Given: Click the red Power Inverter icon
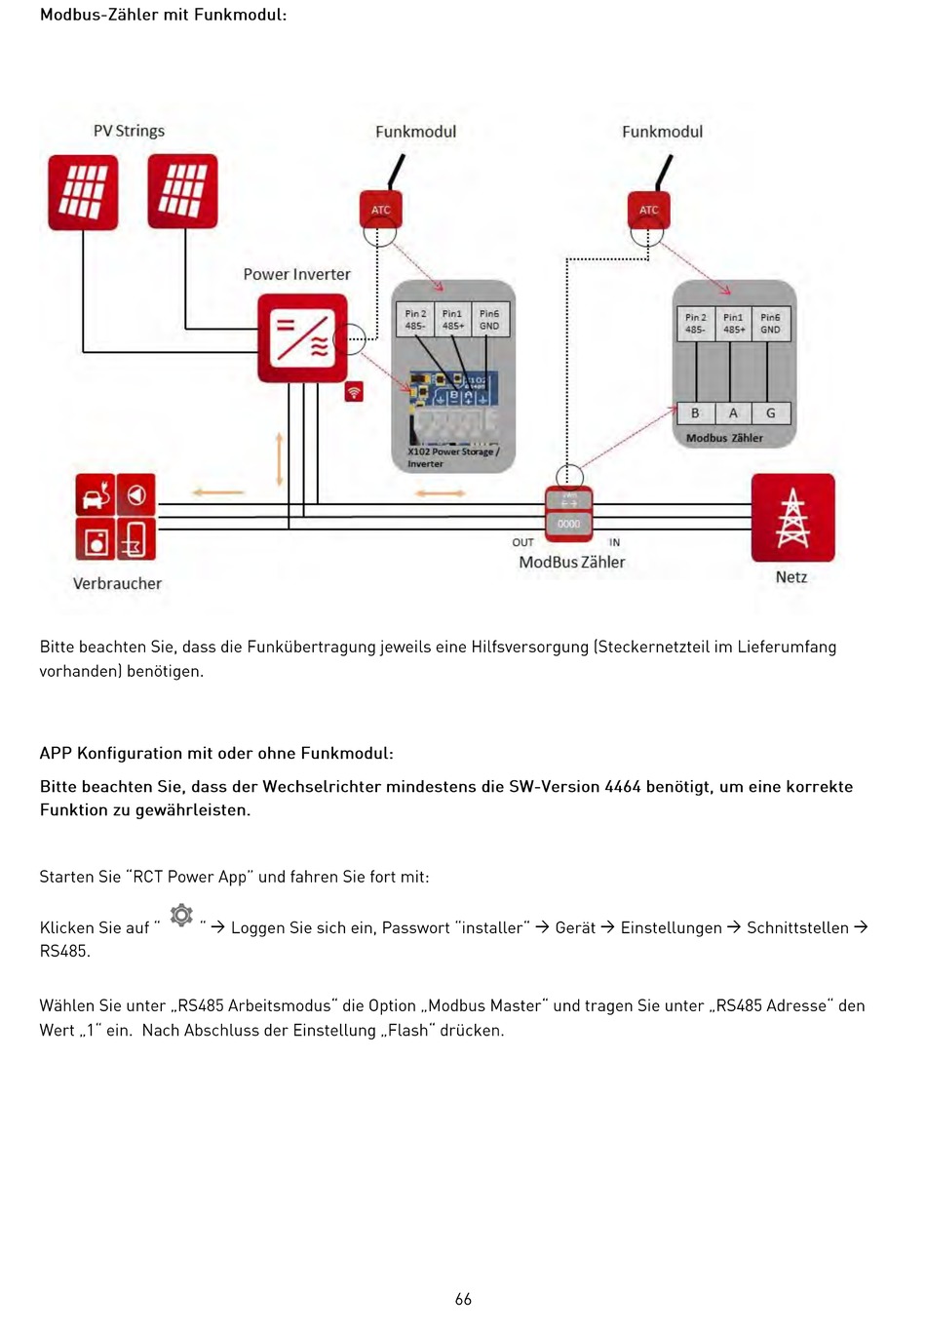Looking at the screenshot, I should coord(302,337).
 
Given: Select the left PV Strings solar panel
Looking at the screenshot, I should coord(83,192).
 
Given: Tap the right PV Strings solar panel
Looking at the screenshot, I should coord(182,191).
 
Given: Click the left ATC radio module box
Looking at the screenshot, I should coord(380,210).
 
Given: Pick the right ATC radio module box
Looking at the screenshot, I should coord(648,210).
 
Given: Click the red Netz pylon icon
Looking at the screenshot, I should coord(792,518).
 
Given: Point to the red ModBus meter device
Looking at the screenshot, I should coord(569,512).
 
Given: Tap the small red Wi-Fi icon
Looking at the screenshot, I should coord(354,392).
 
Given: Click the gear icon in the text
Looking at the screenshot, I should coord(181,916).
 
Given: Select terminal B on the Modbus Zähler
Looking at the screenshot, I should coord(695,413).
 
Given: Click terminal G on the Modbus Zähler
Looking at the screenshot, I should coord(770,413).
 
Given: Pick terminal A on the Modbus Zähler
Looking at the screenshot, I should coord(733,413).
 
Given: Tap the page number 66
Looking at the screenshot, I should coord(463,1299).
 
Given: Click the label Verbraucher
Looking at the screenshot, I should coord(117,583).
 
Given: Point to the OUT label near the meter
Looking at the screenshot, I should coord(522,542).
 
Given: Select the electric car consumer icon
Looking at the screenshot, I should coord(96,494).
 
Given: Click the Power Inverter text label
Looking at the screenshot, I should coord(296,275).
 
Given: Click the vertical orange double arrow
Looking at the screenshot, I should coord(280,459).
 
